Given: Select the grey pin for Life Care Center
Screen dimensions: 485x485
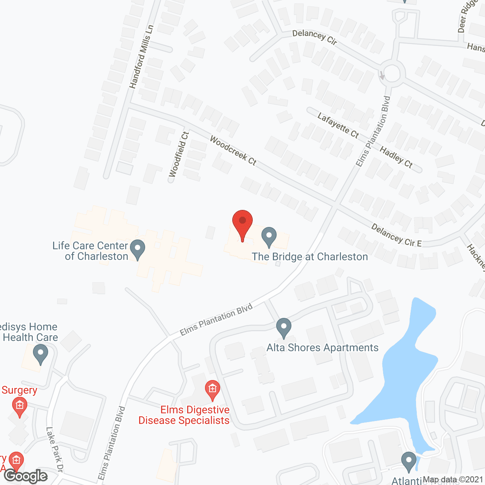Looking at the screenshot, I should coord(138,249).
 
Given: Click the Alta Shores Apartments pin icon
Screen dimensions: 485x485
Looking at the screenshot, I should coord(284,328).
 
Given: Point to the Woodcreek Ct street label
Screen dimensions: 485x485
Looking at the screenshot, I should coord(233,151).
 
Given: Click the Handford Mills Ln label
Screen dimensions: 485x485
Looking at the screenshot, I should coord(141,57).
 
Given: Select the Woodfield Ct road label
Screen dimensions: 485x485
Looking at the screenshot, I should coord(179,154).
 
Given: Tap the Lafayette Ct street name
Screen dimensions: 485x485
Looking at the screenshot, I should coord(338,125).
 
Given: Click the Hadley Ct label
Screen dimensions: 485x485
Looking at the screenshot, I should coord(396,157).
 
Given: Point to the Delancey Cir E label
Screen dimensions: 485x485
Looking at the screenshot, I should coord(396,235).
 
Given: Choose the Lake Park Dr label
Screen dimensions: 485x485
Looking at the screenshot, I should coord(54,449).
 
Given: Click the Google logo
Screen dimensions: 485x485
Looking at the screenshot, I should coord(26,476).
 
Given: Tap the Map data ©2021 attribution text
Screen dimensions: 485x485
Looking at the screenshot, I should coord(453,480).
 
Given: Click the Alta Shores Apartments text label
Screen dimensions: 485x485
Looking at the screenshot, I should coord(322,347).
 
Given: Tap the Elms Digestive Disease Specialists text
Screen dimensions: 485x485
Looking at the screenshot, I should coord(184,415).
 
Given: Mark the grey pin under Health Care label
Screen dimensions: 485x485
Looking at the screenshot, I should coord(41,354).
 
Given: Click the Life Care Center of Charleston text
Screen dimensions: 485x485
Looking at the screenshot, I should coord(91,251).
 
